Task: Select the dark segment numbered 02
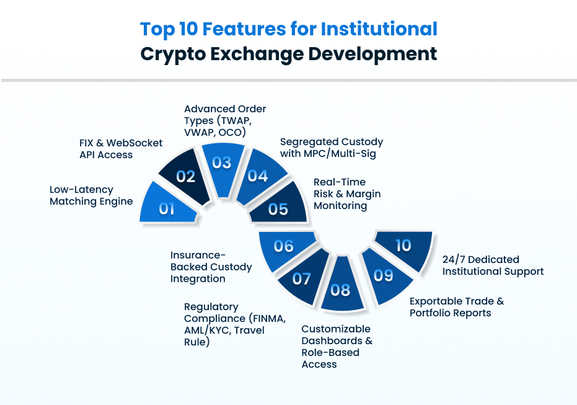185,176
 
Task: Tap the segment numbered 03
221,162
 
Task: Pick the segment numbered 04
258,176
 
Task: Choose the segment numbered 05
278,208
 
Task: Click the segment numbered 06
283,246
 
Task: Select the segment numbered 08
340,289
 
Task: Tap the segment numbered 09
383,275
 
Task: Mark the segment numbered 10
403,246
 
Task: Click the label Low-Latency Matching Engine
91,195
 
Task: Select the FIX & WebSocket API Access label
120,149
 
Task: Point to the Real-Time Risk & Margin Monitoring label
346,194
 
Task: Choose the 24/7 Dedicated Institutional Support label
493,265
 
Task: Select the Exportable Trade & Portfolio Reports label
457,307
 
